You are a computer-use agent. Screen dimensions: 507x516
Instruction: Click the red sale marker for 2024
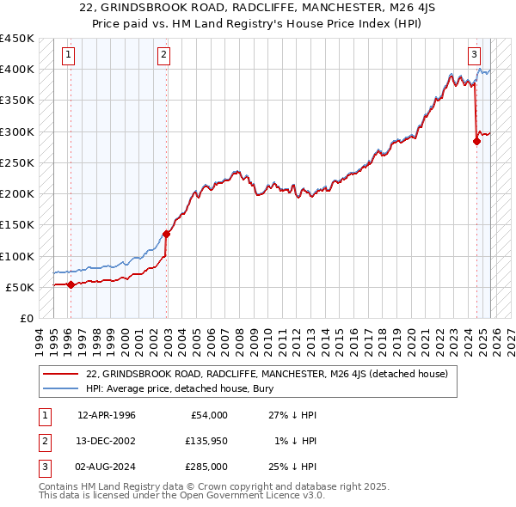[476, 142]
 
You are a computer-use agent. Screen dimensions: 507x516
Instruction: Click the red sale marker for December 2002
[167, 233]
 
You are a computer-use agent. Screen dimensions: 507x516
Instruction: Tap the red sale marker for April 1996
[71, 284]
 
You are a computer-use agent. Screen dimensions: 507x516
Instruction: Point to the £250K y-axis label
[16, 162]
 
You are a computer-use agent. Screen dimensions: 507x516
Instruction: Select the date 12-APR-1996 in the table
[107, 415]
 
